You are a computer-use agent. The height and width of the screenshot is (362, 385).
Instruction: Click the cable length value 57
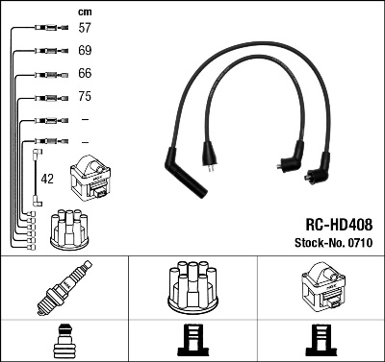tap(85, 29)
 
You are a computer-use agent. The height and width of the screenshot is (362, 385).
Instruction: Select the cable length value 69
tap(85, 50)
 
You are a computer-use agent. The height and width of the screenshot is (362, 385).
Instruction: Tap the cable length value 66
tap(85, 74)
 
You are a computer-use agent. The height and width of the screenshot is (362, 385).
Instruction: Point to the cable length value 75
tap(85, 97)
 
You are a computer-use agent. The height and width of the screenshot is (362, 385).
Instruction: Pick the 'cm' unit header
tap(84, 11)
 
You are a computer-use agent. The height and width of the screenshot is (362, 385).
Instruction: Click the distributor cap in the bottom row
tap(192, 285)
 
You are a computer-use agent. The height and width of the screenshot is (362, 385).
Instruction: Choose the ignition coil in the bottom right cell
tap(320, 287)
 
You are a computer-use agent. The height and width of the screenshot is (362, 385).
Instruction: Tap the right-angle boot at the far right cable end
tap(316, 173)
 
